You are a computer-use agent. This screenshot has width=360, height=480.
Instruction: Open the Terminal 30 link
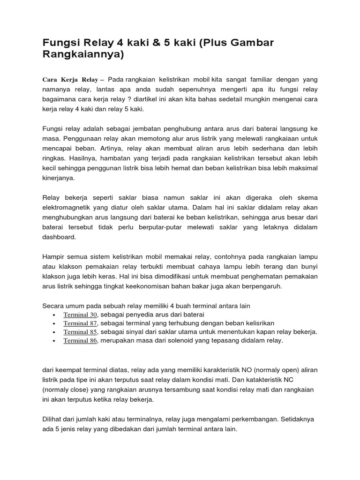[80, 315]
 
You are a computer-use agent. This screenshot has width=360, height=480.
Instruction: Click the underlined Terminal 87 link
[80, 323]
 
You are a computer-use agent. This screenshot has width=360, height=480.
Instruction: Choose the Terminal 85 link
[80, 332]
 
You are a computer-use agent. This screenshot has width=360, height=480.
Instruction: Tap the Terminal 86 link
[80, 341]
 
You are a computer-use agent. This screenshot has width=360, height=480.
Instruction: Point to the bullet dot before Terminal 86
[55, 341]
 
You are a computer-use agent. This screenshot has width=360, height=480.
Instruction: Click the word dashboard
[59, 237]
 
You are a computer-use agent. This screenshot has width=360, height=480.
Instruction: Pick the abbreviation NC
[309, 380]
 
